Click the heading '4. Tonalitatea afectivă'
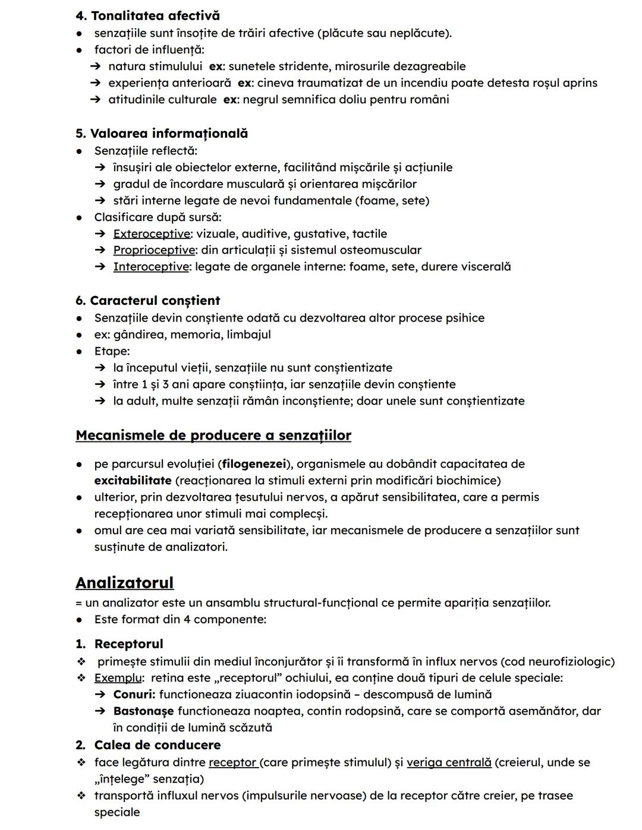(x=147, y=15)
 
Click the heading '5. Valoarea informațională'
(x=162, y=133)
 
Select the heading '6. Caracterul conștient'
(x=147, y=301)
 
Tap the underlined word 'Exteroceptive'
(x=152, y=234)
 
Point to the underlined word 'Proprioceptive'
(x=154, y=250)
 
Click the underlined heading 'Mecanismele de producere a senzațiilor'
(x=213, y=435)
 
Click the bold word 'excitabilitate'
(x=133, y=480)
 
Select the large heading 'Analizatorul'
(x=125, y=582)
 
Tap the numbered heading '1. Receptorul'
(x=119, y=644)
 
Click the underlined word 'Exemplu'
(x=118, y=678)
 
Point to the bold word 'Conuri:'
(x=134, y=695)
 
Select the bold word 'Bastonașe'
(x=143, y=711)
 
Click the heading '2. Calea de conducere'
(x=148, y=745)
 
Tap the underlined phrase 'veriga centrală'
(x=449, y=762)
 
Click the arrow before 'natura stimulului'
(x=96, y=67)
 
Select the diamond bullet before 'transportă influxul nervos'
(x=81, y=796)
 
